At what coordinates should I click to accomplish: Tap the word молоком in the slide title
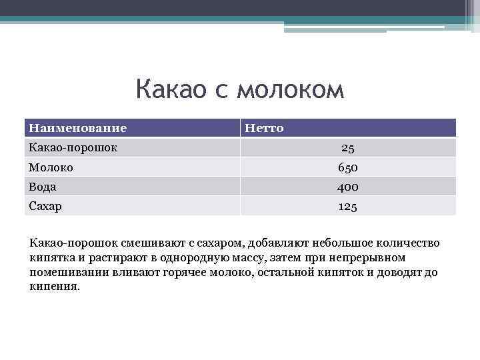pos(289,89)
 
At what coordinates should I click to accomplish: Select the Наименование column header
pos(77,128)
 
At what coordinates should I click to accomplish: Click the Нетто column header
pos(264,128)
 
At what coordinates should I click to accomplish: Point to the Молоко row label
pos(51,167)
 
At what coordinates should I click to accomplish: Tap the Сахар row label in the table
pos(45,206)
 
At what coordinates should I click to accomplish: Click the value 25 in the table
pos(347,148)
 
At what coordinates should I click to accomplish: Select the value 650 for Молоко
pos(347,167)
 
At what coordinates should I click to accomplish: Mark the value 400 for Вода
pos(347,187)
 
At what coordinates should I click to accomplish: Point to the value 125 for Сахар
pos(347,207)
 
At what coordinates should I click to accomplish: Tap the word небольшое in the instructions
pos(328,243)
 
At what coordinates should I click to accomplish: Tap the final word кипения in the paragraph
pos(54,287)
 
